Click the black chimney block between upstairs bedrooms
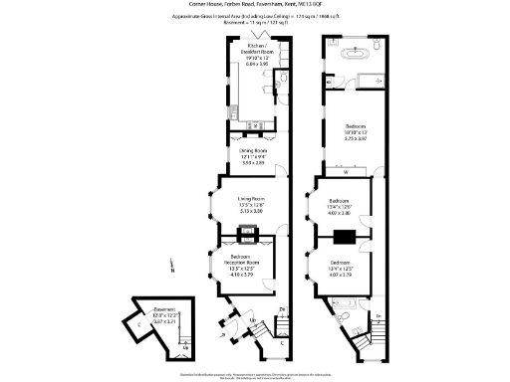[x=345, y=237]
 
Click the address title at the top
[x=254, y=5]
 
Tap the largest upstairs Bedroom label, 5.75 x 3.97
[x=356, y=131]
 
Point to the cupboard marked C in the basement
[x=128, y=323]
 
